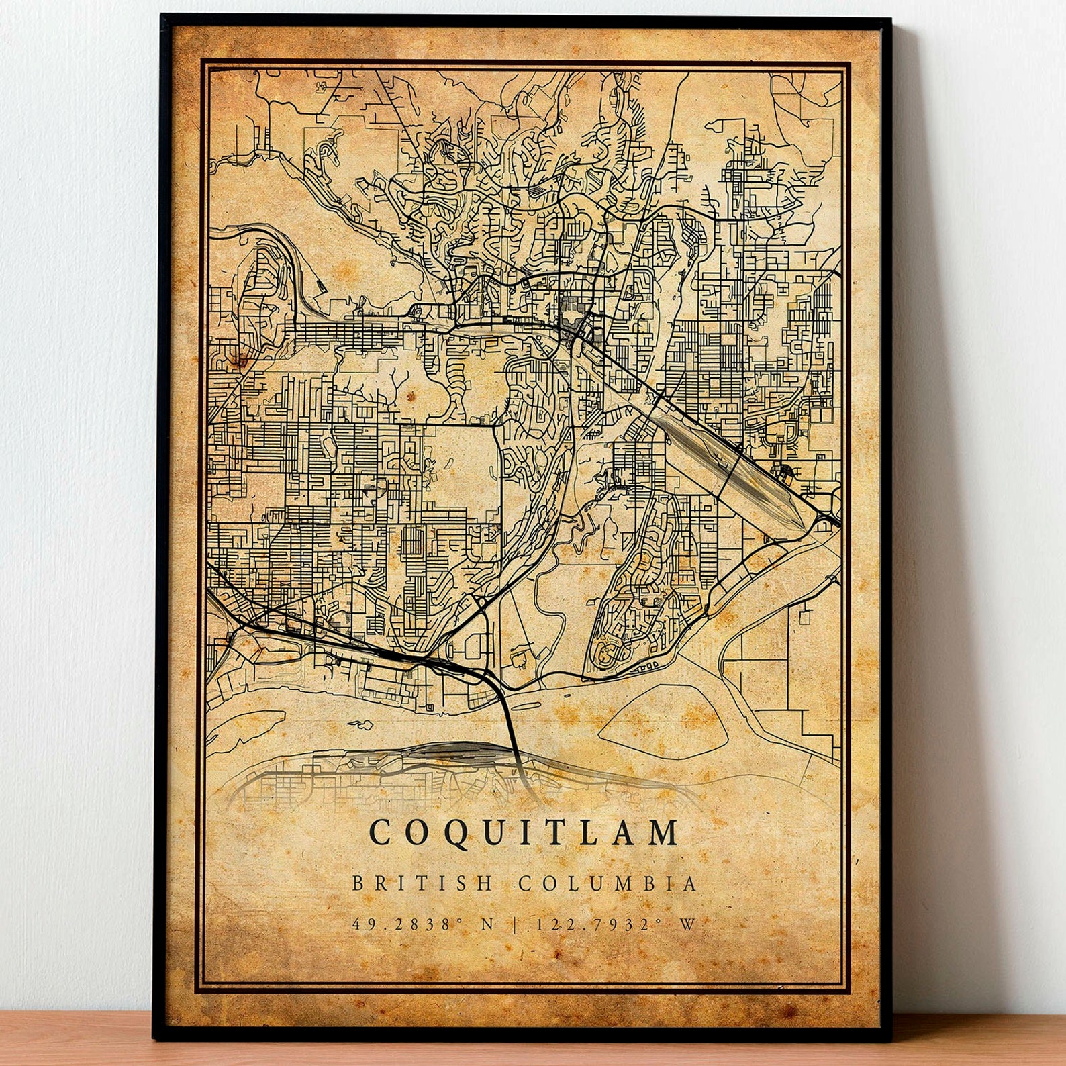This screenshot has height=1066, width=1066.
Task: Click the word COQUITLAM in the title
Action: (524, 833)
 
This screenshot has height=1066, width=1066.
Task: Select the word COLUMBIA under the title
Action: (608, 883)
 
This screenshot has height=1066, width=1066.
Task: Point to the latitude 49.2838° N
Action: (423, 924)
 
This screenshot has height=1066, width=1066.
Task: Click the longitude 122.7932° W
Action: (614, 924)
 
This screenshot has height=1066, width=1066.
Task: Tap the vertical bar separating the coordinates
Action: (515, 924)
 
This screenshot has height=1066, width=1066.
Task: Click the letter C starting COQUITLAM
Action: (379, 833)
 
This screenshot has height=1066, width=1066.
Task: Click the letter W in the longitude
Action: (687, 924)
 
